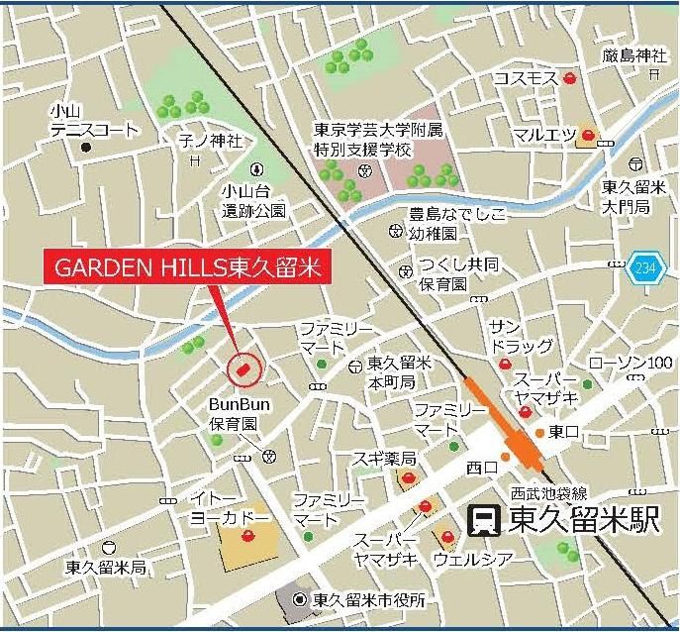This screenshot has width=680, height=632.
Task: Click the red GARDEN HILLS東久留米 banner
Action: pyautogui.click(x=185, y=267)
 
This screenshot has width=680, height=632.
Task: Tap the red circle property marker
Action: pyautogui.click(x=243, y=369)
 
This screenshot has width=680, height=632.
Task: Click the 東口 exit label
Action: pyautogui.click(x=564, y=432)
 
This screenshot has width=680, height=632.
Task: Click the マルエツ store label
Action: pyautogui.click(x=544, y=135)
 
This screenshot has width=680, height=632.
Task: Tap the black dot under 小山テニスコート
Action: pyautogui.click(x=86, y=148)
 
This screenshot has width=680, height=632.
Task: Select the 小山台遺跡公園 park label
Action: pyautogui.click(x=253, y=201)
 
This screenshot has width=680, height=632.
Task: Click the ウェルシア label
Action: pyautogui.click(x=473, y=560)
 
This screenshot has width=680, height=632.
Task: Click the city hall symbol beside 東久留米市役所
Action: pyautogui.click(x=300, y=598)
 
